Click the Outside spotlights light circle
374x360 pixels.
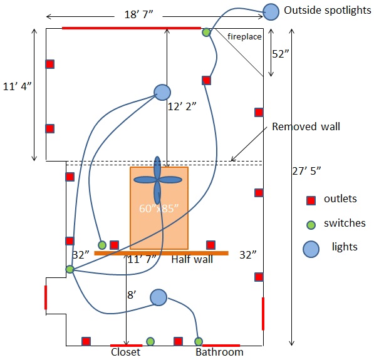[x=271, y=12]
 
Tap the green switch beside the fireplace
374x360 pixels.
[x=206, y=32]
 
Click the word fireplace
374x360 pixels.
[x=244, y=36]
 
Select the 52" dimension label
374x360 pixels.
[x=280, y=54]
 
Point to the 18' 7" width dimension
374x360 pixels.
[x=138, y=14]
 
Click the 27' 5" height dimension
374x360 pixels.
[x=306, y=171]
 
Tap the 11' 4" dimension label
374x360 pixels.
[x=17, y=86]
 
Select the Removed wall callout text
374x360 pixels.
[x=306, y=126]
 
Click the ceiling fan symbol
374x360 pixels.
[x=157, y=180]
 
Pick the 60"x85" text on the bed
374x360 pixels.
[x=158, y=208]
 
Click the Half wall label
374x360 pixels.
[x=192, y=259]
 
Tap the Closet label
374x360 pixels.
[x=126, y=352]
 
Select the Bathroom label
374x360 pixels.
[x=219, y=352]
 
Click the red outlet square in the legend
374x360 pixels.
[x=311, y=200]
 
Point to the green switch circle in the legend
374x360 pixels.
[x=311, y=225]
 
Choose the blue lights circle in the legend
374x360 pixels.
[x=311, y=249]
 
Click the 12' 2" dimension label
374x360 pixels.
[x=182, y=106]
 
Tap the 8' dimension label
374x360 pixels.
[x=132, y=295]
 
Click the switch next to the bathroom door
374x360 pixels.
[x=199, y=341]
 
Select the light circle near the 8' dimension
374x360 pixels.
[x=158, y=297]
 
